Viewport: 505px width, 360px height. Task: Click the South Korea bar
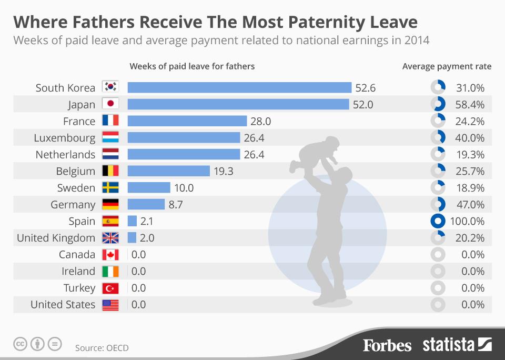[239, 87]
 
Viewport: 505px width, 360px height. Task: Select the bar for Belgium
[168, 171]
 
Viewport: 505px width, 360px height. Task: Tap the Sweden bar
[149, 188]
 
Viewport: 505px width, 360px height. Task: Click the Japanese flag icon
[110, 104]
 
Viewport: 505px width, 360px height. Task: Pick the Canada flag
[110, 255]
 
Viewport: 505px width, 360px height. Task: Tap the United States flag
[110, 305]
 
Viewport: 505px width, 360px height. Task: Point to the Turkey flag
[110, 288]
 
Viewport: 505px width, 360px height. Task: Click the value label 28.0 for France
[260, 121]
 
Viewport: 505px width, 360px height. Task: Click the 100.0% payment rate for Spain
[468, 221]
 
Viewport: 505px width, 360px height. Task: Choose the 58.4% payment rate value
[470, 104]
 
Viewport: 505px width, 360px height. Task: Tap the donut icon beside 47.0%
[438, 205]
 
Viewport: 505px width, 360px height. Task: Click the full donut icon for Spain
[438, 221]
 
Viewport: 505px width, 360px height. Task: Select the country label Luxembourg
[65, 138]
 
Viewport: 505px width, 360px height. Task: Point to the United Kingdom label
[56, 238]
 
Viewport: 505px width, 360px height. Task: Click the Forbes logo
[387, 345]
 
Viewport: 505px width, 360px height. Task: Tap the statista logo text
[449, 345]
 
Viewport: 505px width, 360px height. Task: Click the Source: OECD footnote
[102, 348]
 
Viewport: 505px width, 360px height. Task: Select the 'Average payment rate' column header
[447, 66]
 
